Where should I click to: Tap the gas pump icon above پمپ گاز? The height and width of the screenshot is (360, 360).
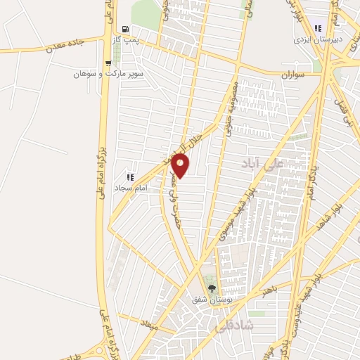[x=126, y=30]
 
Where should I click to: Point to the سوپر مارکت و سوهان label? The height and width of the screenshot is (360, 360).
[x=109, y=74]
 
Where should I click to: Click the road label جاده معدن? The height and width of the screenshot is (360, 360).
[x=65, y=45]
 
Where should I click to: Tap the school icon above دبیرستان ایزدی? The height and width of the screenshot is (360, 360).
[x=318, y=29]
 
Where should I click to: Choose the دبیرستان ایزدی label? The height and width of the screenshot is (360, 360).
[x=318, y=40]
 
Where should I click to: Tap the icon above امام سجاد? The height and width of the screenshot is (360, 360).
[x=129, y=177]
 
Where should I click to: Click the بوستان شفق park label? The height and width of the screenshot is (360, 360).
[x=212, y=300]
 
